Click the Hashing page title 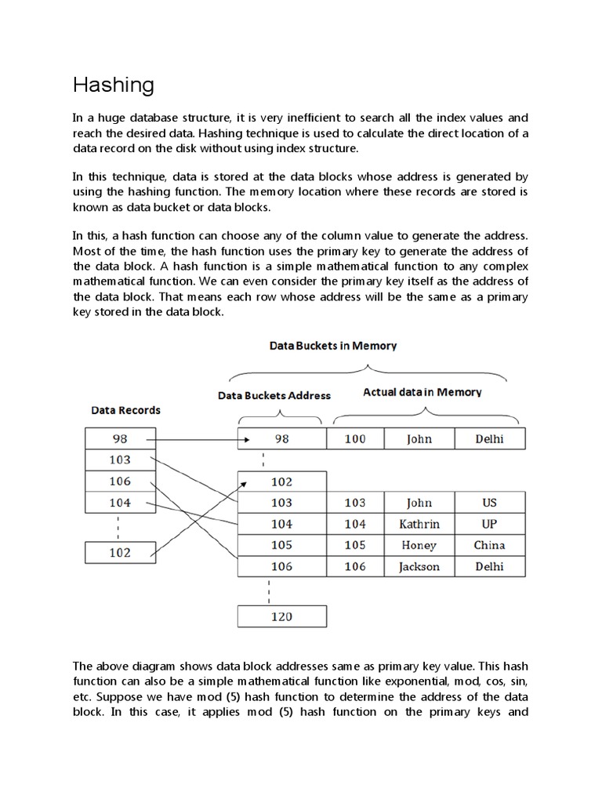pyautogui.click(x=114, y=85)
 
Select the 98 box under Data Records pyautogui.click(x=121, y=438)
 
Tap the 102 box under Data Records pyautogui.click(x=121, y=553)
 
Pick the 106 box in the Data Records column pyautogui.click(x=121, y=481)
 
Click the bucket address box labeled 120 pyautogui.click(x=281, y=616)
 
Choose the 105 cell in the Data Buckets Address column pyautogui.click(x=281, y=545)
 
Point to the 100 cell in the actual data pyautogui.click(x=355, y=438)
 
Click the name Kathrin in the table pyautogui.click(x=419, y=524)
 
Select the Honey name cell pyautogui.click(x=419, y=545)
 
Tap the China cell pyautogui.click(x=489, y=545)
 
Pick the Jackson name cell pyautogui.click(x=419, y=566)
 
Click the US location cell pyautogui.click(x=489, y=503)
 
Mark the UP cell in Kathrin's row pyautogui.click(x=489, y=524)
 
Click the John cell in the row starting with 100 pyautogui.click(x=419, y=438)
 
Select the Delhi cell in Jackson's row pyautogui.click(x=489, y=566)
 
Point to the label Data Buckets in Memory pyautogui.click(x=333, y=345)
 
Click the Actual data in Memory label pyautogui.click(x=422, y=392)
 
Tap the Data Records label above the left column pyautogui.click(x=126, y=409)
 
